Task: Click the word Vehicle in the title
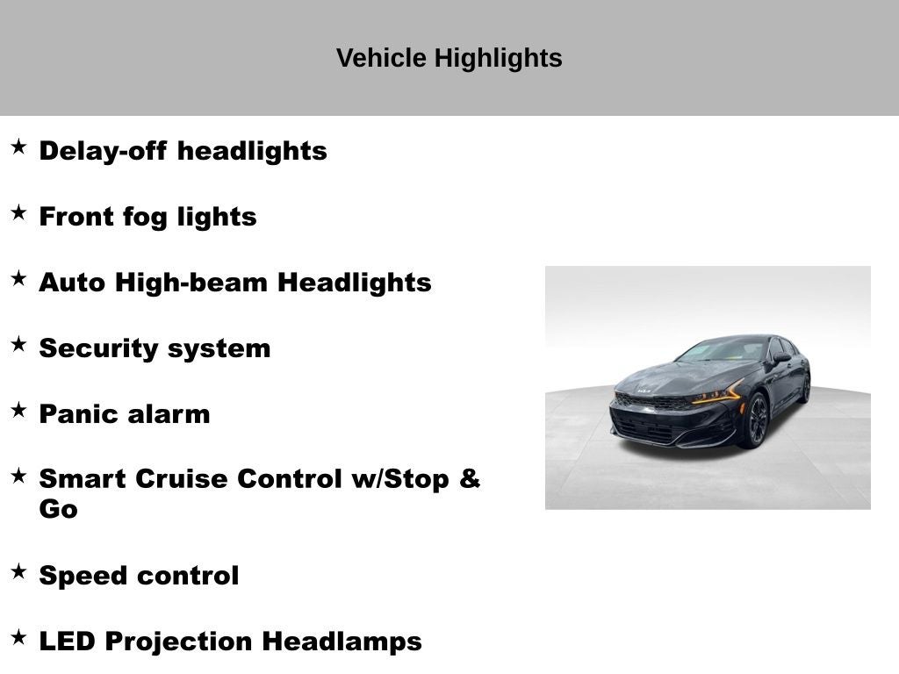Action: click(381, 58)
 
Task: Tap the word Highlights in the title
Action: click(499, 59)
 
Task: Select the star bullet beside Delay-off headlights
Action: click(19, 147)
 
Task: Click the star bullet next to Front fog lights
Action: click(19, 212)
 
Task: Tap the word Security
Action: click(98, 349)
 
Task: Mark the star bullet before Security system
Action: click(19, 344)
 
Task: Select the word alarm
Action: click(169, 414)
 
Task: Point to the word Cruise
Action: click(181, 479)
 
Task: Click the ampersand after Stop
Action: click(470, 478)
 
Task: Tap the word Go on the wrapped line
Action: click(59, 509)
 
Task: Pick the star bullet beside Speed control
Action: click(19, 571)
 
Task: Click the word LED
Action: click(67, 642)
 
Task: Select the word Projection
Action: click(179, 642)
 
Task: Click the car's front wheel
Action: click(756, 420)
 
